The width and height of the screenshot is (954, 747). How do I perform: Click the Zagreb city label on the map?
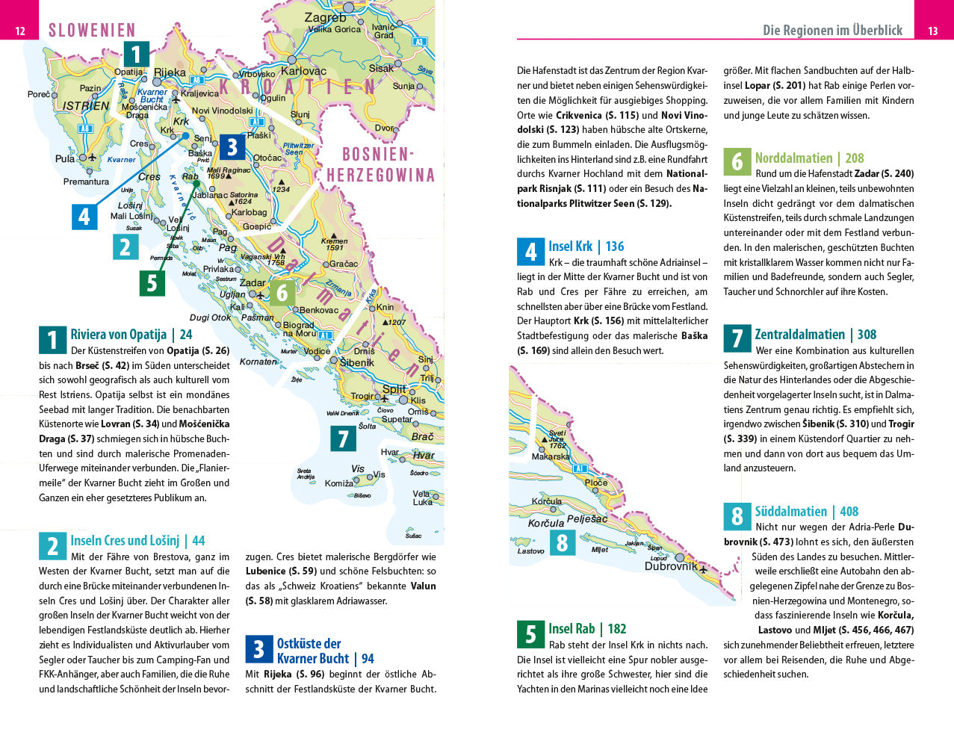click(325, 17)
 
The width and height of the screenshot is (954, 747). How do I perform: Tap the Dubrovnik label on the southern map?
click(670, 566)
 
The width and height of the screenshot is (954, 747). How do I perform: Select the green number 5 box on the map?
click(152, 283)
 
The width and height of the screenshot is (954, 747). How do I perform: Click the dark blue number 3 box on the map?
click(232, 147)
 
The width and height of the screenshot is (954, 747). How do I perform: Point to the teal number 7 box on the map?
click(343, 438)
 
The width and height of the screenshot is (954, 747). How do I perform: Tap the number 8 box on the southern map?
click(562, 542)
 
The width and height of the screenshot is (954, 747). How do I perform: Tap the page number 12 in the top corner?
click(20, 31)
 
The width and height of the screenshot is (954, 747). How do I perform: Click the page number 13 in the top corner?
click(933, 31)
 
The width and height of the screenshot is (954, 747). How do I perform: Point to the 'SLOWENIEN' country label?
click(92, 31)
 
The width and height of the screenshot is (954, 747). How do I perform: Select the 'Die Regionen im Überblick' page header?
click(832, 30)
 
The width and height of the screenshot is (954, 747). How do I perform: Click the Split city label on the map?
click(394, 388)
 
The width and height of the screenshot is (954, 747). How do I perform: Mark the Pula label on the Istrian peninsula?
click(65, 158)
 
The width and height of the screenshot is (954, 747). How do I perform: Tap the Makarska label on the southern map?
click(551, 456)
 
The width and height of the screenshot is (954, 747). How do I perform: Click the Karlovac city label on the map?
click(303, 71)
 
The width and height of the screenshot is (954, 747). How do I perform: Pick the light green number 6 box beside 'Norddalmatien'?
click(737, 162)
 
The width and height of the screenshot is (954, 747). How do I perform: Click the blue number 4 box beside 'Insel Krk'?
click(530, 252)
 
